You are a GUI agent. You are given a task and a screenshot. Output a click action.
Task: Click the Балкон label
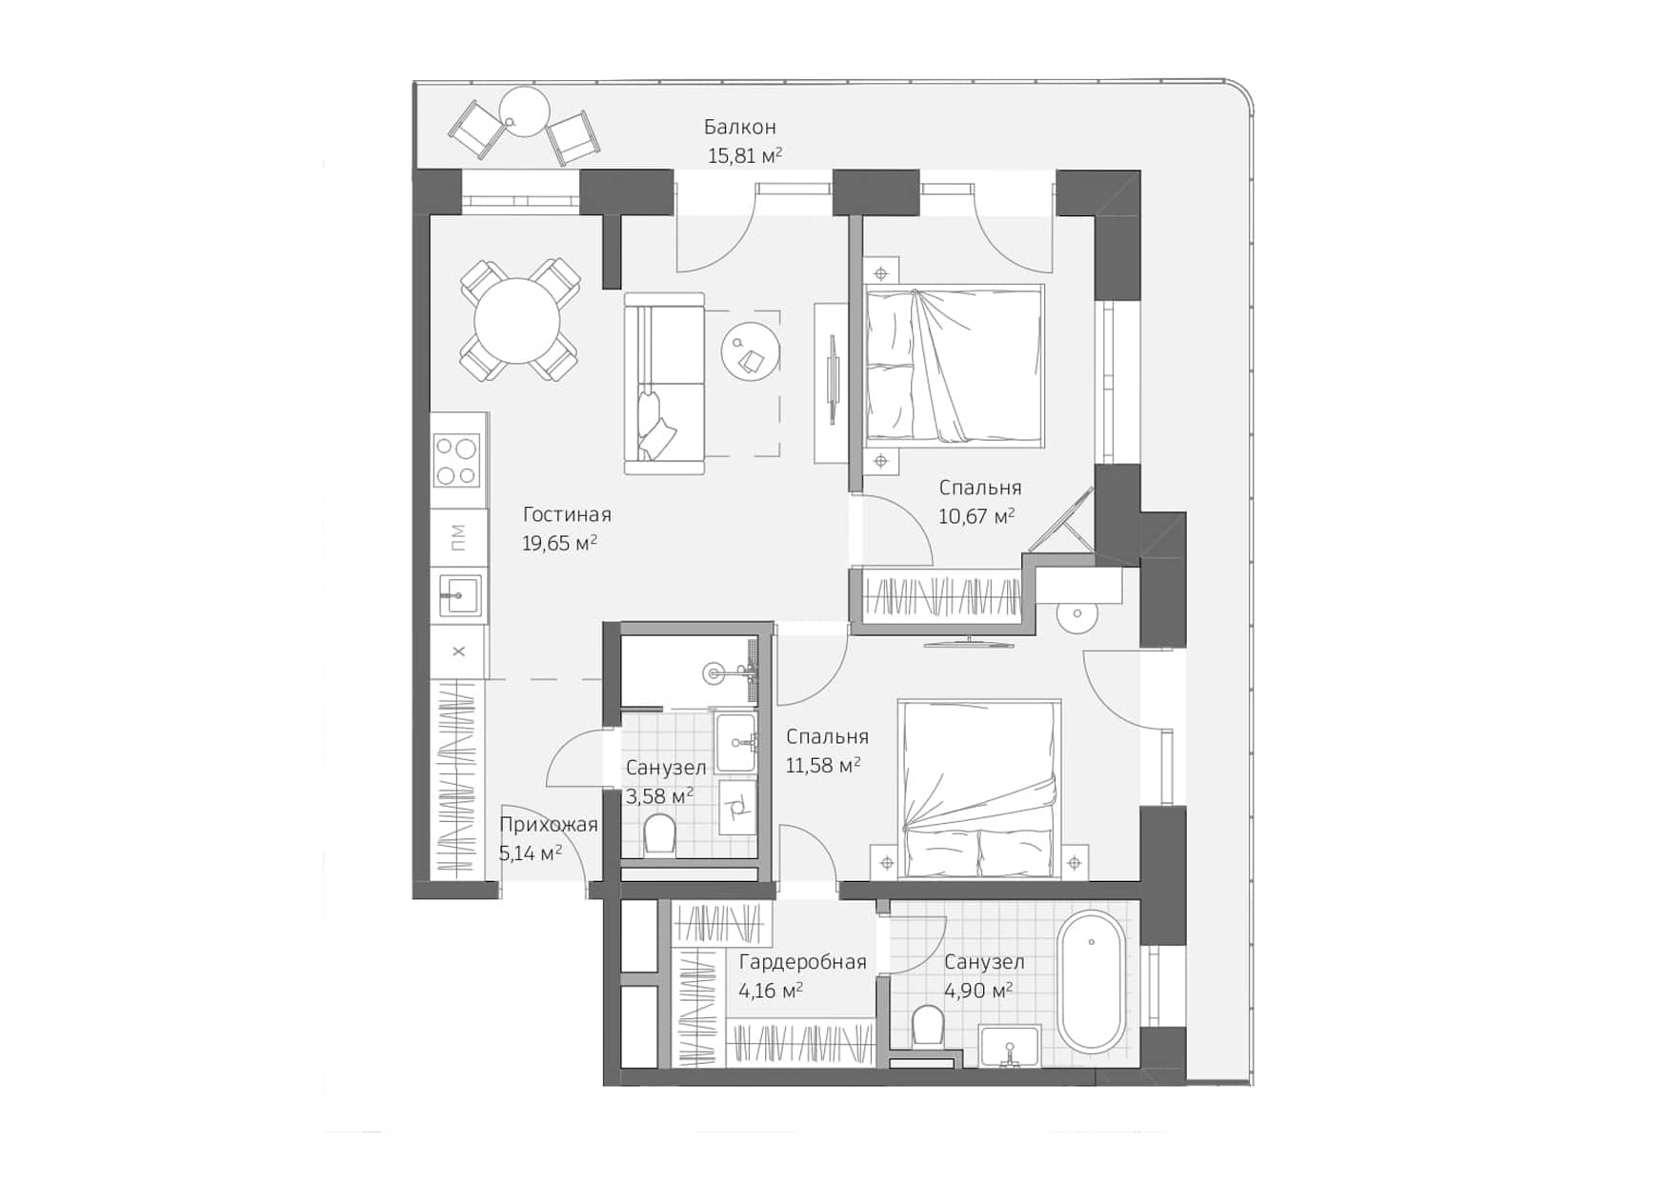739,127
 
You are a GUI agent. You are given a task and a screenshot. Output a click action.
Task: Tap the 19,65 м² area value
559,544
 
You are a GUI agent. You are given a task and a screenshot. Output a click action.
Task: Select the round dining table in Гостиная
518,320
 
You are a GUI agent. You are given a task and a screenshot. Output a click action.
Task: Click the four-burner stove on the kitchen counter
457,460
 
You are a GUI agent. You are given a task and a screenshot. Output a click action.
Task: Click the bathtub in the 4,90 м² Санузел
1091,982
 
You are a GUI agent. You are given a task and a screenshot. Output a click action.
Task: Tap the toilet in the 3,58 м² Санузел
659,835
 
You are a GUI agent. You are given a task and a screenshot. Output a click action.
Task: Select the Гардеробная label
802,962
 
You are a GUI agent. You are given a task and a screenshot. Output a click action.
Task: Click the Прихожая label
548,825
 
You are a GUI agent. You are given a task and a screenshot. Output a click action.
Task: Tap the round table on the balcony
524,111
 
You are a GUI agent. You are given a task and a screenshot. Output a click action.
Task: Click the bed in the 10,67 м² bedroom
953,365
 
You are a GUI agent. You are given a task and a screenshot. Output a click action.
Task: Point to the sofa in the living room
665,383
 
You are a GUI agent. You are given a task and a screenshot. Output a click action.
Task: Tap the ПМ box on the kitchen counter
458,538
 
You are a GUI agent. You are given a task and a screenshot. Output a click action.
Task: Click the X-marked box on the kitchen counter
458,651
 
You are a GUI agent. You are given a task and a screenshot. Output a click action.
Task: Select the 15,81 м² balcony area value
744,156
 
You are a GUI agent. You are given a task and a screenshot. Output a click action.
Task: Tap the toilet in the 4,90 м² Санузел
926,1026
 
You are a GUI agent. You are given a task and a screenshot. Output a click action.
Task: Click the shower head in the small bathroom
715,674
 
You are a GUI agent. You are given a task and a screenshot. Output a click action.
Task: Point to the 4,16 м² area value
770,992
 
